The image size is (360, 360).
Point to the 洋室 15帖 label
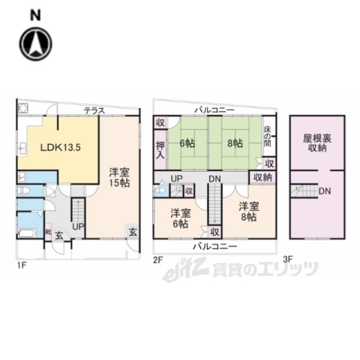[x=116, y=177]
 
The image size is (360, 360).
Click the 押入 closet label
[x=160, y=150]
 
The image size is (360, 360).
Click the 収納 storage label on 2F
[x=262, y=177]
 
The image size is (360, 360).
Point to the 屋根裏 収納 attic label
[x=317, y=143]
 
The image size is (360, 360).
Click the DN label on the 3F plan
[x=325, y=190]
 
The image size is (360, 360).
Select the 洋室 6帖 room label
[x=179, y=217]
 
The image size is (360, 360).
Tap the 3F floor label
[x=288, y=259]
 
